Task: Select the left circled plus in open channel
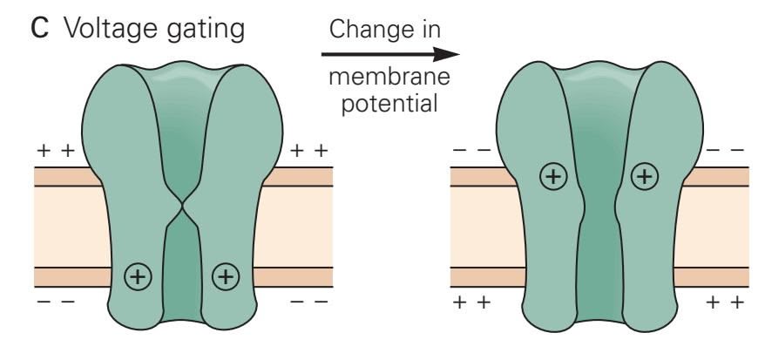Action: pos(553,177)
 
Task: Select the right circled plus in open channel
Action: pos(644,177)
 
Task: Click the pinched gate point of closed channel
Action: pos(182,207)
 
